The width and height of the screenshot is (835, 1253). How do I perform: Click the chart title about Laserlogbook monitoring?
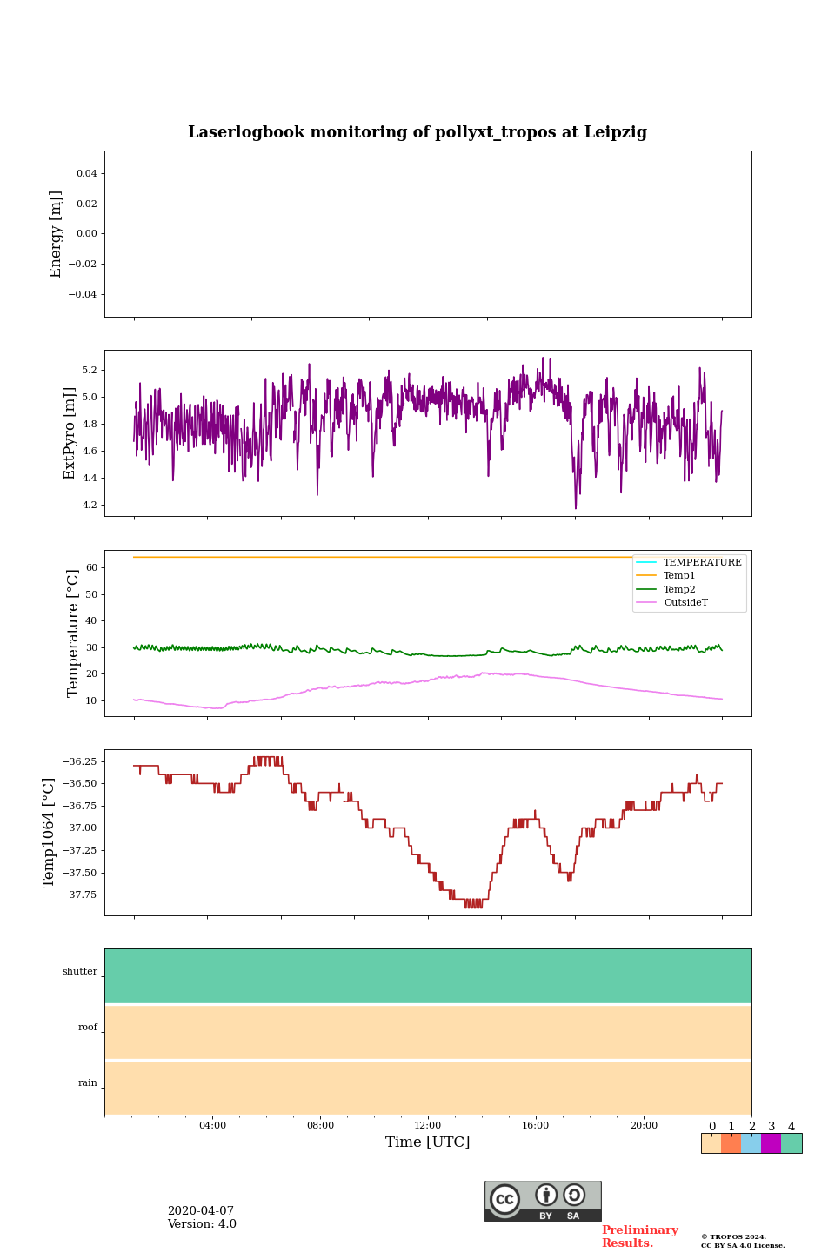click(417, 132)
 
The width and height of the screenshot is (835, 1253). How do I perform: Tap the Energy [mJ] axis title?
click(56, 234)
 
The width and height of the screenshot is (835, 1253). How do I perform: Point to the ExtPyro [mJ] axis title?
click(70, 433)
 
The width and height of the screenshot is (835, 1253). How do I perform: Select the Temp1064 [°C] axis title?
click(49, 833)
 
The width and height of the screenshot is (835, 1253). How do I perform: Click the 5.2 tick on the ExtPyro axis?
click(89, 371)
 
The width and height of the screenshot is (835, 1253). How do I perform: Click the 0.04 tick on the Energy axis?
click(86, 174)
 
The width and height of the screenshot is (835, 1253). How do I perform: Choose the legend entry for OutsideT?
click(685, 603)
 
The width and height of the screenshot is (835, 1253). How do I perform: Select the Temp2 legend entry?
click(679, 590)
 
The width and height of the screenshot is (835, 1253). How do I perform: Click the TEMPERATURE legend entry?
click(702, 563)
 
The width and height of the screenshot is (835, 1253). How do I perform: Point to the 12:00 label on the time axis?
click(428, 1126)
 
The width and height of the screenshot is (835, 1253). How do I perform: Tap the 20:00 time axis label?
click(644, 1126)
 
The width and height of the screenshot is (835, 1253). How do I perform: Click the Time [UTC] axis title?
click(428, 1142)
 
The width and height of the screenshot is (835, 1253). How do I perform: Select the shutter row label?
click(80, 972)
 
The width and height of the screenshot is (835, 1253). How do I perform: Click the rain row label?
click(88, 1083)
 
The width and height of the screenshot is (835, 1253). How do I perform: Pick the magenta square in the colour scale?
click(771, 1143)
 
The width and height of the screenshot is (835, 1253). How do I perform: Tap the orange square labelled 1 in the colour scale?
click(731, 1143)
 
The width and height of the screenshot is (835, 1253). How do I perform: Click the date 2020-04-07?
click(201, 1211)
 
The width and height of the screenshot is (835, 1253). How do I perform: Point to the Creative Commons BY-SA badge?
click(543, 1201)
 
